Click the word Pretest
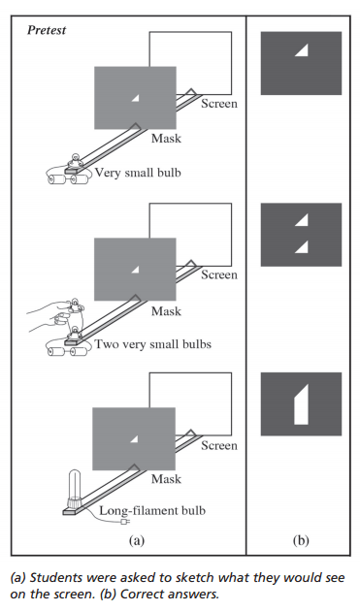(47, 30)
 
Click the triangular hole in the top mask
(136, 99)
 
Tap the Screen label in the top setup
(219, 104)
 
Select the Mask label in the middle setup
(167, 311)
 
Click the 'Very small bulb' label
(138, 173)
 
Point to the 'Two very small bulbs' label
(153, 344)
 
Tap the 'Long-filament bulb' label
(152, 510)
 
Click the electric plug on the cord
(125, 522)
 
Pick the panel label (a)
(137, 540)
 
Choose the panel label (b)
(301, 540)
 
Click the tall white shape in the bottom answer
(302, 405)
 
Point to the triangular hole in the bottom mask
(135, 439)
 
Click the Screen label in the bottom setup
(219, 445)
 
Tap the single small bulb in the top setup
(74, 161)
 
